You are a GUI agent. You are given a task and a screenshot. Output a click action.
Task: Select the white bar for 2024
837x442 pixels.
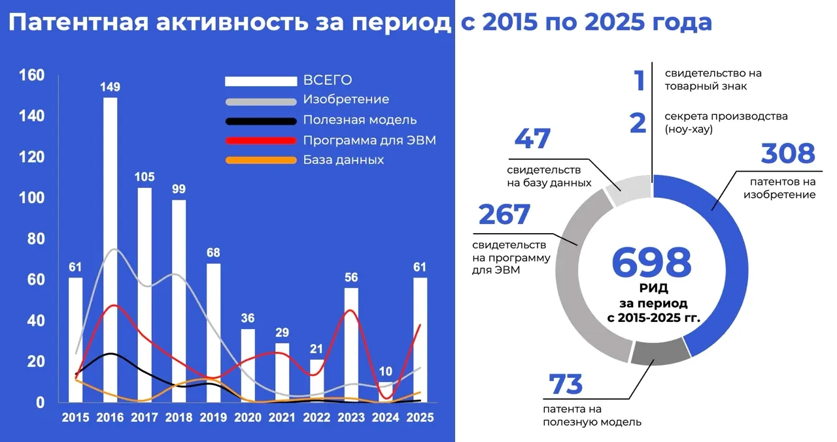click(x=386, y=392)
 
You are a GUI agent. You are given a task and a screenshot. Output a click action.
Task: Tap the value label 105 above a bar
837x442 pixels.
click(x=145, y=177)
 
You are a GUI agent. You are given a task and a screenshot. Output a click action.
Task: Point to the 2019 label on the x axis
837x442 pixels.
click(x=213, y=417)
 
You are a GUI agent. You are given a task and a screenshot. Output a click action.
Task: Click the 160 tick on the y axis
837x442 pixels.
click(x=32, y=75)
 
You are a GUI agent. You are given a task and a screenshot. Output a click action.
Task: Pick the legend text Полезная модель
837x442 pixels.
click(x=360, y=120)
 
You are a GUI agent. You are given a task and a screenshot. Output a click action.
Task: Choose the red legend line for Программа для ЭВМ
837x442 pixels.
click(x=261, y=140)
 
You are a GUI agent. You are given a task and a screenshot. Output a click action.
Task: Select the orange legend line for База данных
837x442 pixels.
click(x=261, y=161)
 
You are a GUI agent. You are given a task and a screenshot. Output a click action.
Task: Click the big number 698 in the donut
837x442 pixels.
click(x=651, y=262)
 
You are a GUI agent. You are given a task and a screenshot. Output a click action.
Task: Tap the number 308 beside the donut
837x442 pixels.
click(x=788, y=154)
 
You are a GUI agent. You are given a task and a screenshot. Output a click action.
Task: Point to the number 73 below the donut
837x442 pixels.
click(x=566, y=385)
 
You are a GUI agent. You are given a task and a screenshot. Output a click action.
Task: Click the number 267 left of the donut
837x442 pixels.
click(x=504, y=215)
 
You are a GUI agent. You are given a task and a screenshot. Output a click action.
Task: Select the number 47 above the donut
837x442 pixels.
click(x=533, y=139)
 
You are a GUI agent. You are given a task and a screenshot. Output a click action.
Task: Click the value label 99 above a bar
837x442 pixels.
click(x=179, y=189)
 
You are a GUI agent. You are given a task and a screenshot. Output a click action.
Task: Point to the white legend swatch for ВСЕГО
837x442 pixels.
click(x=261, y=81)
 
